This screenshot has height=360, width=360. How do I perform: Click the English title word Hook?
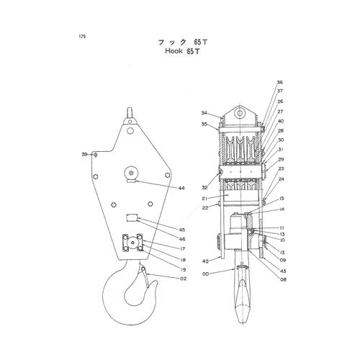tap(174, 51)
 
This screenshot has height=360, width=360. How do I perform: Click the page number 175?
tap(82, 37)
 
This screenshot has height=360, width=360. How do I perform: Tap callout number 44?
tap(181, 188)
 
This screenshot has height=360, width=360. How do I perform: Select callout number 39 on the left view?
tap(84, 154)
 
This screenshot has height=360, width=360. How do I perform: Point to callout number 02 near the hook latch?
tap(183, 279)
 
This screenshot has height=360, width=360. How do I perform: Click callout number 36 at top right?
tap(280, 82)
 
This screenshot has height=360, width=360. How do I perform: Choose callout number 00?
tap(206, 274)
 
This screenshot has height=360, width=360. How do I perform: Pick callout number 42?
tap(205, 261)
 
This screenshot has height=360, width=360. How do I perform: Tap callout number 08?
tap(284, 279)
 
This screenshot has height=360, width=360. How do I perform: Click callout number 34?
tap(204, 113)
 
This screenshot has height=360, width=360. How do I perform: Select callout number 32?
tap(204, 187)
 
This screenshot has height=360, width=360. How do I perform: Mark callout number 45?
tap(182, 230)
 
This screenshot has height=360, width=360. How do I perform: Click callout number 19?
tap(183, 269)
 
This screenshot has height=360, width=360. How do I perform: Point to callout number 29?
tap(281, 159)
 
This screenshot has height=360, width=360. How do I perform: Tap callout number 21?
tap(204, 199)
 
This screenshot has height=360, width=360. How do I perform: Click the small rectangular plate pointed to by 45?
tap(132, 218)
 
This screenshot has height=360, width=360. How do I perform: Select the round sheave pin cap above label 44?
tap(131, 173)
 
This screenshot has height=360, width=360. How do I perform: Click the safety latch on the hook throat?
tap(145, 277)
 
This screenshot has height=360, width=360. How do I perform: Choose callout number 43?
tap(283, 271)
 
